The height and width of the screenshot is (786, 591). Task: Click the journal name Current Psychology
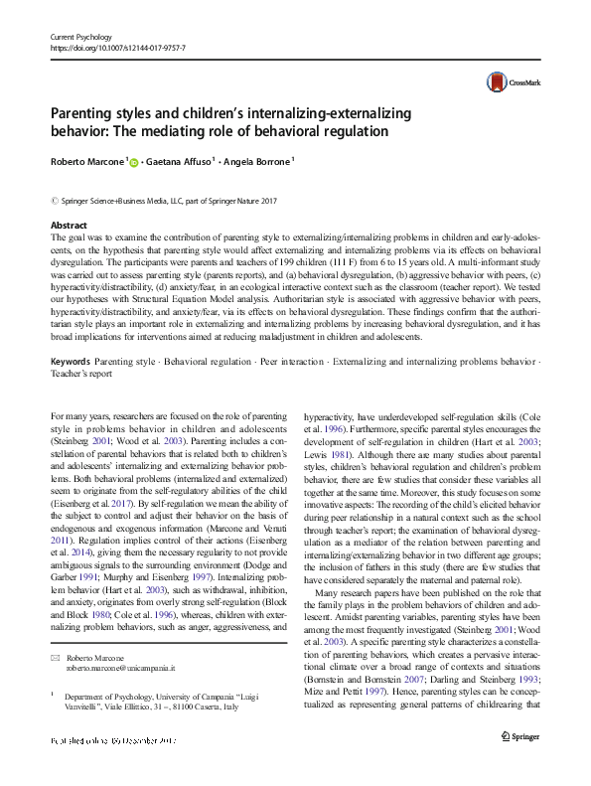pos(84,36)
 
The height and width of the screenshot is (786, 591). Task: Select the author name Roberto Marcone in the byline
pos(85,162)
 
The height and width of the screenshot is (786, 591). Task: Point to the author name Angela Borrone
pos(261,162)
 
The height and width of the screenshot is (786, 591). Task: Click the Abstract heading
pos(68,226)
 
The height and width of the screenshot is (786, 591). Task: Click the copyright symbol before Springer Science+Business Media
pos(54,202)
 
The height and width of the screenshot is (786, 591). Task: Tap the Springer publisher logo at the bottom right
pos(523,763)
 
